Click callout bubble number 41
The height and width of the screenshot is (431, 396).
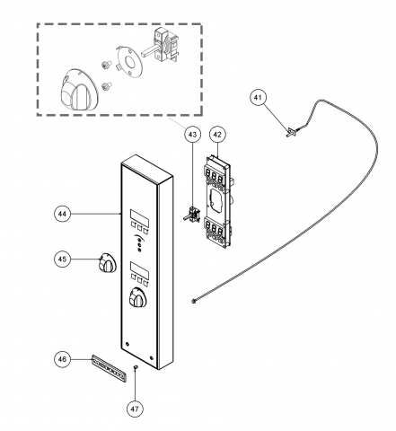tap(258, 98)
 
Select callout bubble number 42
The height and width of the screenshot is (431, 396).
tap(217, 135)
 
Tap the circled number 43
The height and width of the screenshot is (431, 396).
tap(192, 135)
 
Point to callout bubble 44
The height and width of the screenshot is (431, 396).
tap(63, 214)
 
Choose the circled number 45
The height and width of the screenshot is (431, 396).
tap(63, 259)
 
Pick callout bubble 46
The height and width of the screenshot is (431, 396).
tap(63, 359)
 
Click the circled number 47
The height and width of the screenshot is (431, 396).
tap(135, 409)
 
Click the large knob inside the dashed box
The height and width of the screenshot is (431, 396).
tap(79, 89)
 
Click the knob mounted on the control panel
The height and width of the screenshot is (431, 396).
tap(137, 297)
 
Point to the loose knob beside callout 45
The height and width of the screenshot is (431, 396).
tap(107, 262)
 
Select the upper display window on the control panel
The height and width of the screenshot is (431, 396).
tap(139, 217)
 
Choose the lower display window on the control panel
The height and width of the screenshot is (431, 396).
tap(139, 269)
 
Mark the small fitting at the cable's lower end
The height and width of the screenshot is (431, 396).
tap(194, 302)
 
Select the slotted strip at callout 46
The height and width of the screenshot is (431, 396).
tap(109, 367)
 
